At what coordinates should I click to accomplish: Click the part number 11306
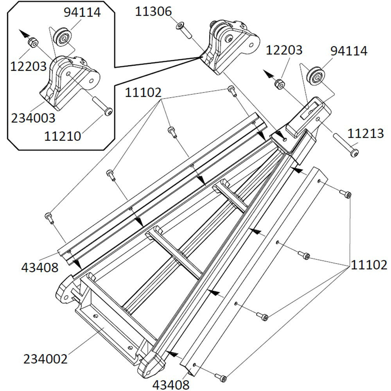[153, 12]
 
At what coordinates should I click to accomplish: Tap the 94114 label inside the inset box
[83, 12]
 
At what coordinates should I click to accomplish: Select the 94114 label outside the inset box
[349, 51]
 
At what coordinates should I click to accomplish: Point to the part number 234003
[33, 117]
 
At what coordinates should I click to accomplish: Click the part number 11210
[63, 136]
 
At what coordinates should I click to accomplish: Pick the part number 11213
[366, 134]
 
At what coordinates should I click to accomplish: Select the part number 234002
[45, 359]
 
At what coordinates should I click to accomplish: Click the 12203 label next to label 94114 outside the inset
[284, 50]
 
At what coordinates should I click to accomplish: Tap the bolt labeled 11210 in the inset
[103, 106]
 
